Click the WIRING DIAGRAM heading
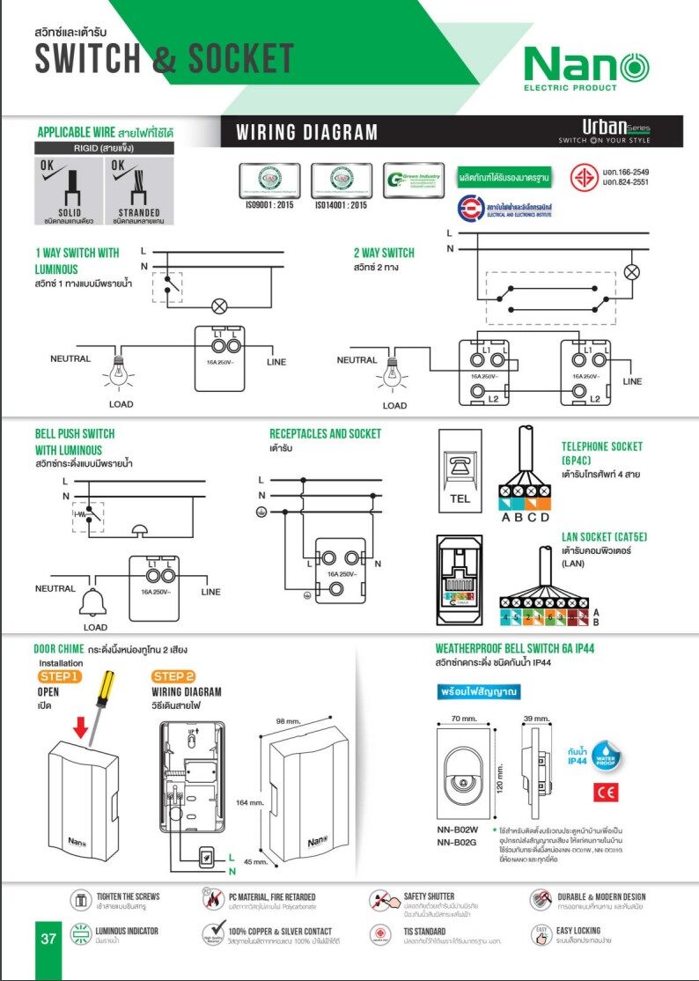point(306,133)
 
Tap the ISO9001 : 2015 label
point(269,205)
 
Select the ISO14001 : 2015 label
point(341,205)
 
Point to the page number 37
point(48,939)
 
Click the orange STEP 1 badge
point(60,676)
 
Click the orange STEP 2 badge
point(173,676)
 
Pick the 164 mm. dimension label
point(250,803)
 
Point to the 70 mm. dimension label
point(464,719)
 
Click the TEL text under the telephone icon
point(460,499)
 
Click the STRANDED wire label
point(139,212)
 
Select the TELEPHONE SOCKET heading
point(602,446)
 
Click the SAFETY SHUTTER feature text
point(429,896)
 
